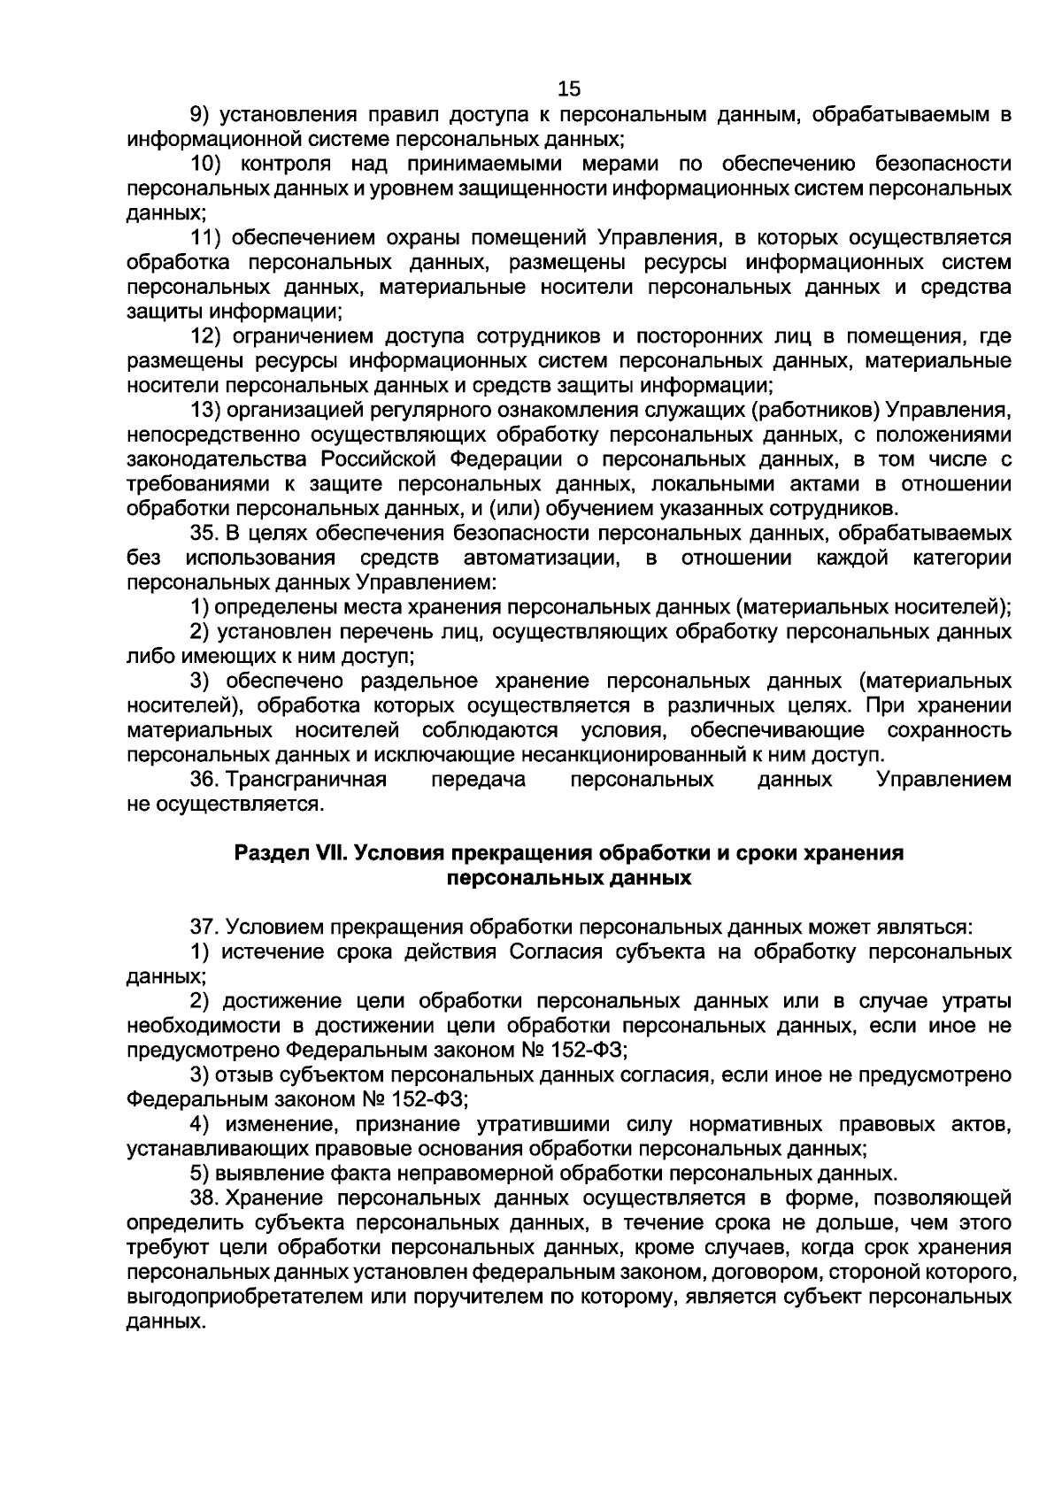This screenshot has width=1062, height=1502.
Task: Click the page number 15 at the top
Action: coord(569,89)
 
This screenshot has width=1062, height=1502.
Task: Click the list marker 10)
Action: coord(208,164)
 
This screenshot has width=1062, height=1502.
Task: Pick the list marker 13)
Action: coord(208,410)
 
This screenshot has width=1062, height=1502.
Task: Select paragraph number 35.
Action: coord(204,534)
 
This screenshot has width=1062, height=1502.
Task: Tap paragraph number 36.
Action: coord(204,780)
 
